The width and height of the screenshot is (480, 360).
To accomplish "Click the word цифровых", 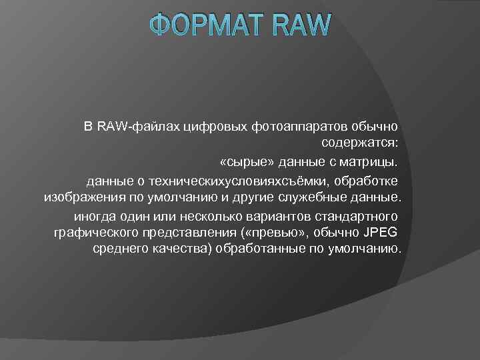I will tap(210, 125).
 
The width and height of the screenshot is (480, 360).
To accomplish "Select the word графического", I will tap(93, 234).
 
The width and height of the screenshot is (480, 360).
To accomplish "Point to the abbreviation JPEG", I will tap(381, 234).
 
